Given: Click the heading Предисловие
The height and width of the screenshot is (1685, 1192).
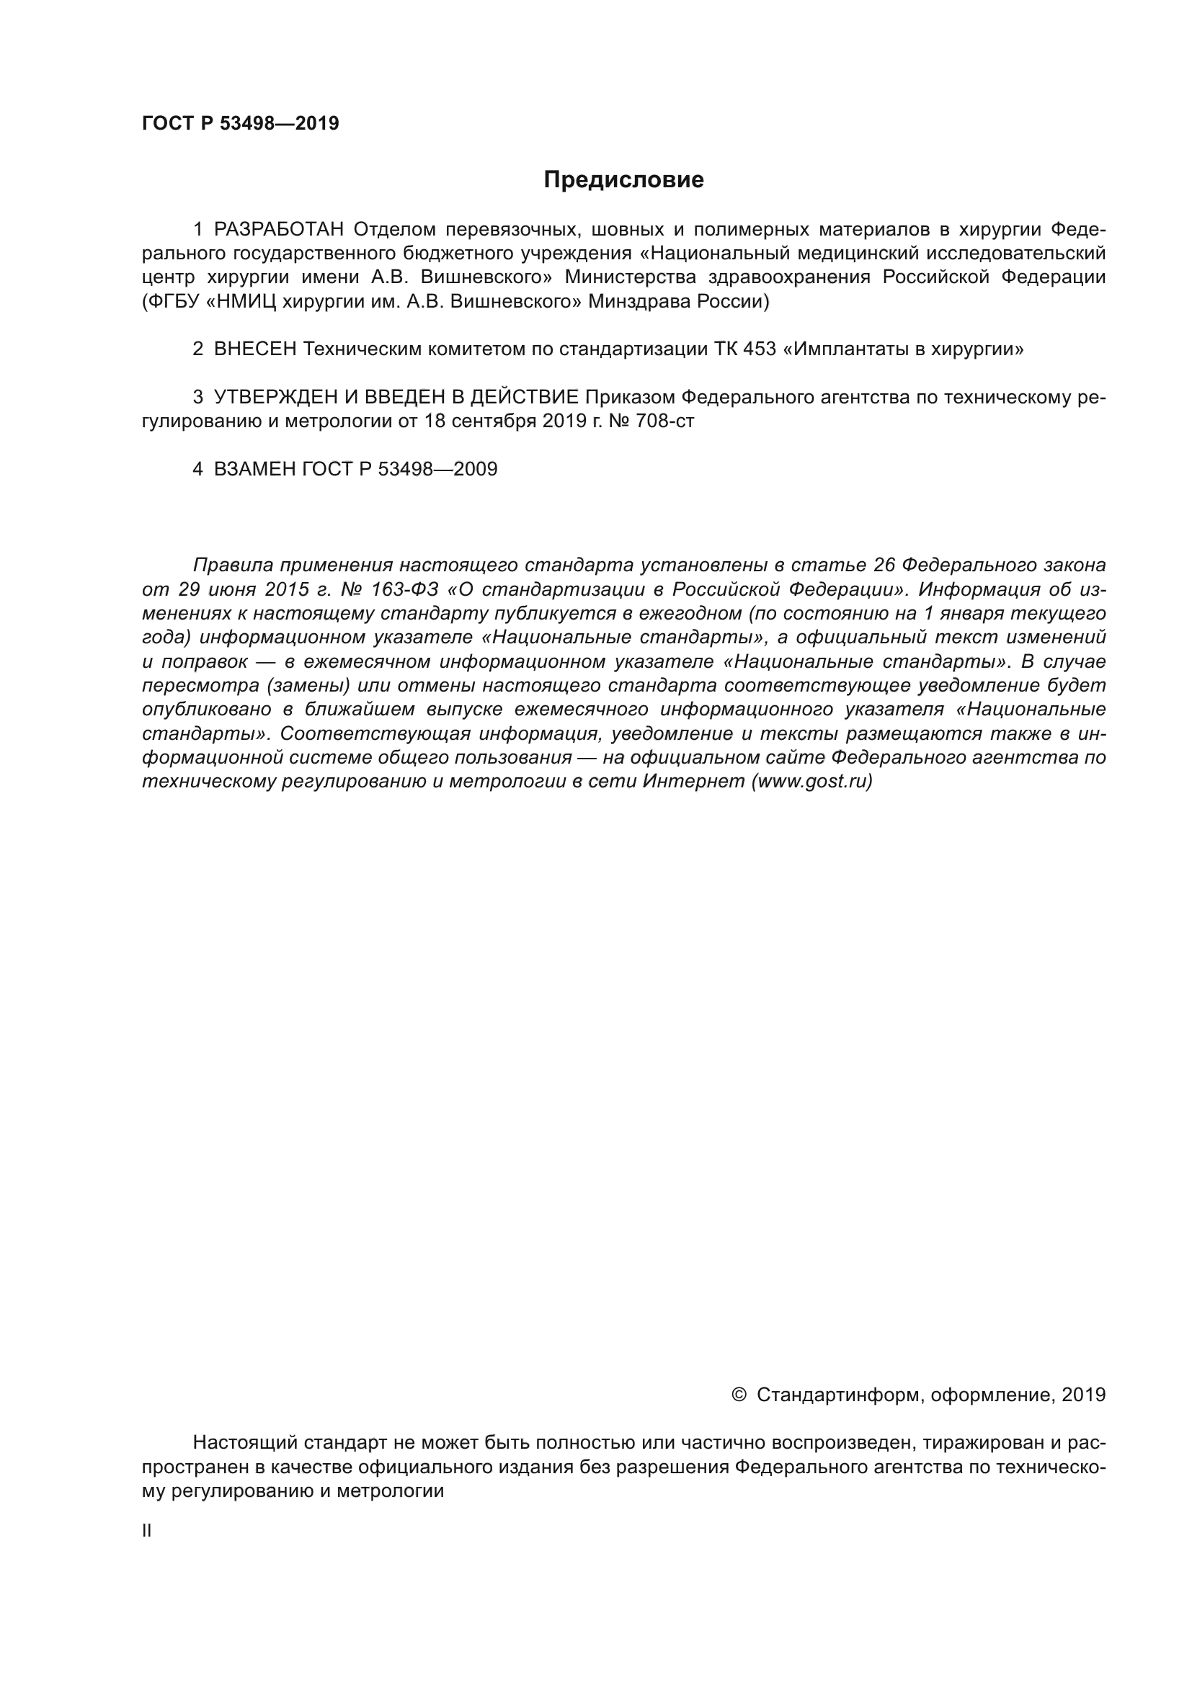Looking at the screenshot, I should coord(623,180).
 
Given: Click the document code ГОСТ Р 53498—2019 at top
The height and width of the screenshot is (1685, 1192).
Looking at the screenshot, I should coord(240,123).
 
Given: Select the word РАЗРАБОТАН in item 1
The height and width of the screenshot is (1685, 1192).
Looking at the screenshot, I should coord(278,230).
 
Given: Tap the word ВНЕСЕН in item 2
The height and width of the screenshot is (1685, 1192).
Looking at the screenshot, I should coord(254,349).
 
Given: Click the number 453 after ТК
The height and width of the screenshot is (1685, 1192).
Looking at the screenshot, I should coord(759,349).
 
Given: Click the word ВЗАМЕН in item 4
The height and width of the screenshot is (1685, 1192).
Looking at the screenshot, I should coord(254,469).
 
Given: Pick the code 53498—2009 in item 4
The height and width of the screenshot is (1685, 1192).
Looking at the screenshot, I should coord(437,469).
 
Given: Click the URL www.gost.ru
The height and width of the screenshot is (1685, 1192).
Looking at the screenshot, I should coord(811,782).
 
